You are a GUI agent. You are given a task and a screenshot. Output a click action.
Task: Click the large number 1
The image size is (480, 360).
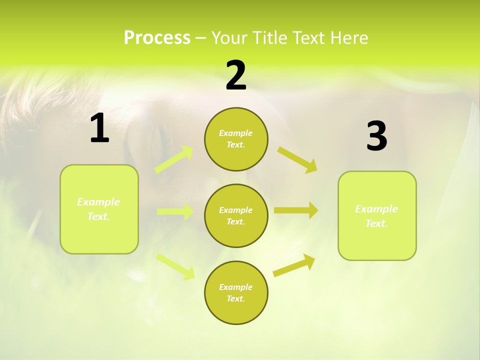coord(99,128)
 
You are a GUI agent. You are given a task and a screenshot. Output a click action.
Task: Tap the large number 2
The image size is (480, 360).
coord(236,75)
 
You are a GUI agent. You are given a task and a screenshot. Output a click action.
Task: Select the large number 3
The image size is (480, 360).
coord(376,136)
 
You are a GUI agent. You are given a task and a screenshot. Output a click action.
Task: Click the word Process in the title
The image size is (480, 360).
coord(157,38)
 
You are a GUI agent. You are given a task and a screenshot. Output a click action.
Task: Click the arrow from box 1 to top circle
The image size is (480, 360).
coord(174,159)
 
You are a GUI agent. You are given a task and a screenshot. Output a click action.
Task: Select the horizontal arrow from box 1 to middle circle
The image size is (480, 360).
coord(175,211)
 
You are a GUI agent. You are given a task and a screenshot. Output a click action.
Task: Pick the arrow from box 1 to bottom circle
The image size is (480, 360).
coord(175,266)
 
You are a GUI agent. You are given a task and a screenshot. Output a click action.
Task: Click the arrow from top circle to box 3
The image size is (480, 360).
coord(297,160)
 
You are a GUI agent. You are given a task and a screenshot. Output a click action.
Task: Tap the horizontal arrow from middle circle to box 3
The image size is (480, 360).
coord(295,210)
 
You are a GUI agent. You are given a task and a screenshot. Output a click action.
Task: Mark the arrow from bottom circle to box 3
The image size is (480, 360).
coord(294,265)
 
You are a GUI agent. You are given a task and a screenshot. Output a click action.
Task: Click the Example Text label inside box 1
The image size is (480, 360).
coord(98,209)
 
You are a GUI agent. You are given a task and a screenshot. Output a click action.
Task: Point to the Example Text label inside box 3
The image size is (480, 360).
coord(376,216)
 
